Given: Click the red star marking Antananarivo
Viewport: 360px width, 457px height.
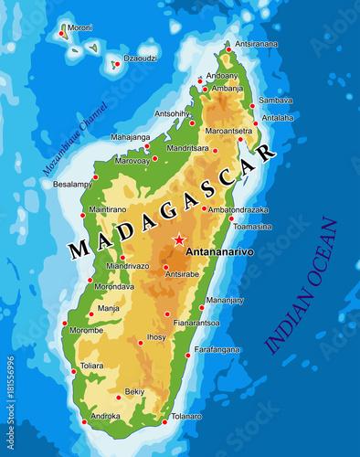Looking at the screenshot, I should click(178, 240).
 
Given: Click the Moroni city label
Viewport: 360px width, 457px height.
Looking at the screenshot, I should click(79, 27).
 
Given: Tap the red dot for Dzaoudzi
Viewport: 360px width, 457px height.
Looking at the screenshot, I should click(116, 64).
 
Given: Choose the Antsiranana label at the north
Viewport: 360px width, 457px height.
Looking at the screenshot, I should click(257, 43).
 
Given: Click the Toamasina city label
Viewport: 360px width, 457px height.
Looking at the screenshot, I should click(253, 226).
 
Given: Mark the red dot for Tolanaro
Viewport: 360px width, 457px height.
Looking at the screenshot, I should click(164, 422).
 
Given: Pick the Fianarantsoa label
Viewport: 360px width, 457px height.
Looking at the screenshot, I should click(196, 323).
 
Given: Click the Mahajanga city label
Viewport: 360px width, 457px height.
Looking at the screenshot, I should click(130, 137).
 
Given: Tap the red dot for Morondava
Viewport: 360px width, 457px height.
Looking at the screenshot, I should click(90, 280).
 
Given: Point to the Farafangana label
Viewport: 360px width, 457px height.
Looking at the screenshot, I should click(217, 349).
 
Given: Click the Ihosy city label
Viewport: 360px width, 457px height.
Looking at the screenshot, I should click(157, 336).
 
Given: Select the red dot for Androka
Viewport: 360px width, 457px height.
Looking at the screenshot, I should click(84, 421).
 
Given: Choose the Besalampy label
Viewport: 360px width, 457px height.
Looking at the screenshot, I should click(73, 184).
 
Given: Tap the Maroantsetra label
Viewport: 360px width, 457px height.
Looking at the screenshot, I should click(228, 130).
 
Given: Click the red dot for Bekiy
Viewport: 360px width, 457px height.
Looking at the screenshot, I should click(118, 398).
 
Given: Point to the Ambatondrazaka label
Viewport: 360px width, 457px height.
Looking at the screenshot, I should click(238, 209).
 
